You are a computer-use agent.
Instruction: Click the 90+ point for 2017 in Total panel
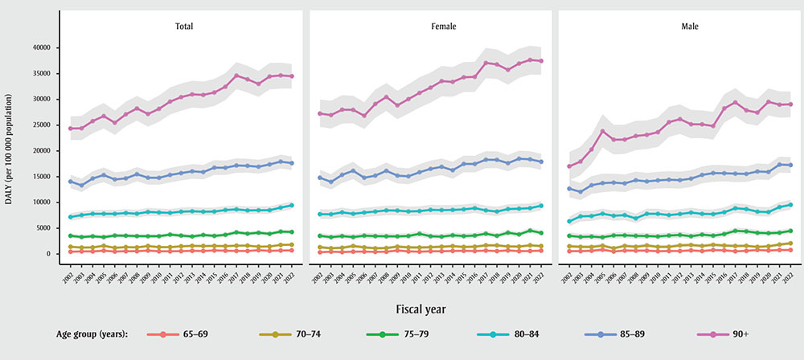click(x=236, y=76)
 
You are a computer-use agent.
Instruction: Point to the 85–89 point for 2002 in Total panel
click(x=71, y=182)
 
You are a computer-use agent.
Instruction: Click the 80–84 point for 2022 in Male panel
click(x=790, y=205)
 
